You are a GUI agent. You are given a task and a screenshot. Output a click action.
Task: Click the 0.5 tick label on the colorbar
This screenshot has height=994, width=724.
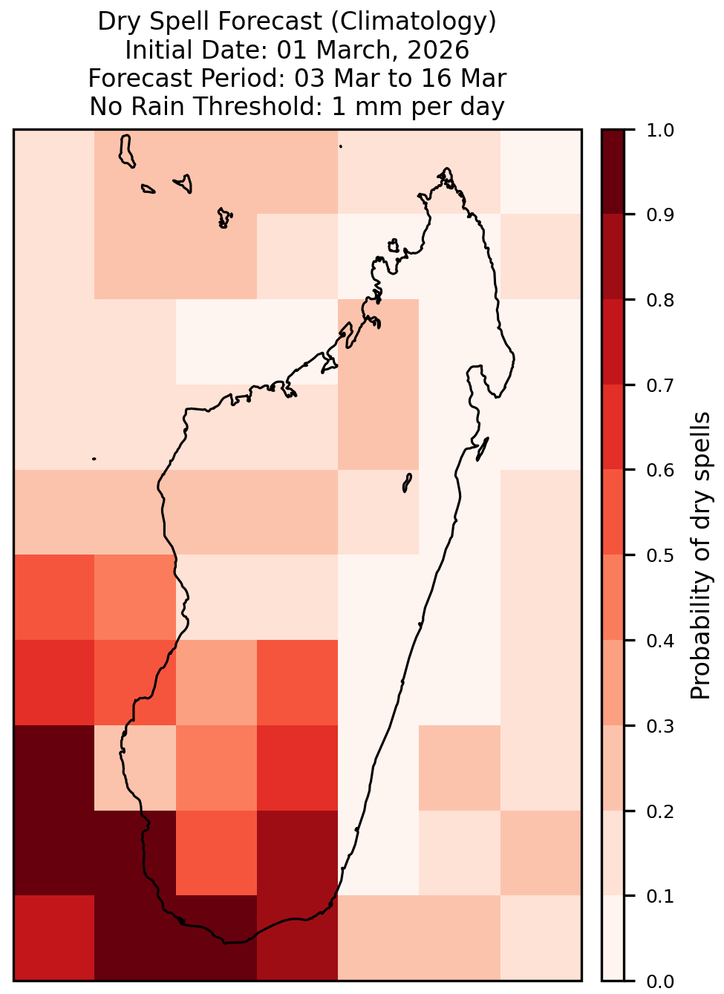[660, 555]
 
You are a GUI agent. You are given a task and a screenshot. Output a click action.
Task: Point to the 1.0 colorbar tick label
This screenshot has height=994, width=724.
[660, 131]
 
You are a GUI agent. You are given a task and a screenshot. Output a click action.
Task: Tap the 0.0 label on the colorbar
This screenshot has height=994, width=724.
[660, 981]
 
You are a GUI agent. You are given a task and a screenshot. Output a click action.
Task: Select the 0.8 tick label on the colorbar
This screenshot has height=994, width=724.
[660, 301]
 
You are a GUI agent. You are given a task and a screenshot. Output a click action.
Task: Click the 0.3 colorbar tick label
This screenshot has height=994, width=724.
[660, 726]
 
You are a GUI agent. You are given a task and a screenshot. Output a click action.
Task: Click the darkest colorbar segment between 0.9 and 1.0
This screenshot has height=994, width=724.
[613, 171]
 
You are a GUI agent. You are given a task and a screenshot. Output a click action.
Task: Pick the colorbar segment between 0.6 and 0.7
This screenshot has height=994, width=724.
[613, 427]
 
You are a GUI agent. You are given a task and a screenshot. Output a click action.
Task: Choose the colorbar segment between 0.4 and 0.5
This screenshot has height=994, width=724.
[613, 598]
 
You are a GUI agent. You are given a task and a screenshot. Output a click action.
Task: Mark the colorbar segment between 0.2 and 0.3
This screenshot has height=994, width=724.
[613, 768]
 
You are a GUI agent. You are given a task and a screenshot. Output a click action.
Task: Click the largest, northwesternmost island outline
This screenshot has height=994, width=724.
[126, 151]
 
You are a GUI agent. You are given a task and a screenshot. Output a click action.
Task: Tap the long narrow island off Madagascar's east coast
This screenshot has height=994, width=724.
[483, 449]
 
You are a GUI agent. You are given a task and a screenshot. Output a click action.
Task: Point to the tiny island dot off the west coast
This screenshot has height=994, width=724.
[94, 459]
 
